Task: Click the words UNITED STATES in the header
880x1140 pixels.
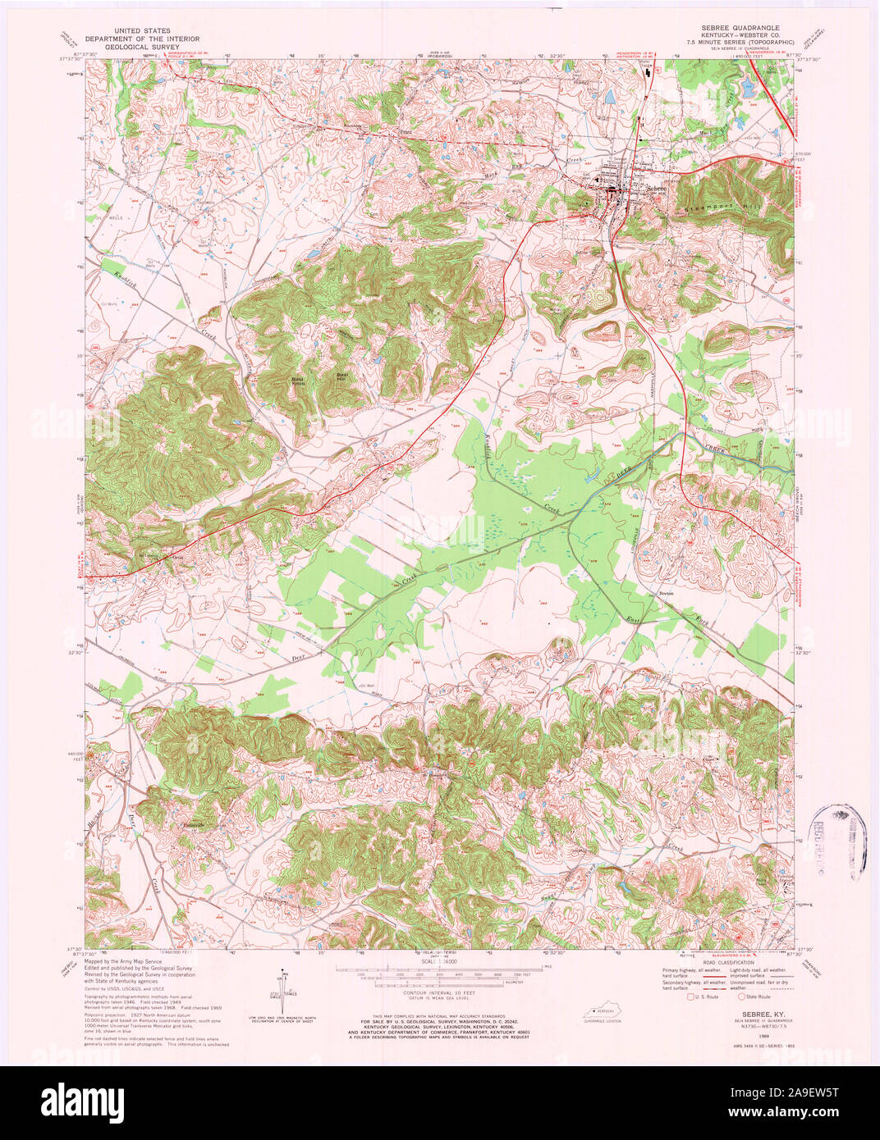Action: [137, 30]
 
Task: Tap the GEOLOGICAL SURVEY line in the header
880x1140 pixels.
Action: [137, 48]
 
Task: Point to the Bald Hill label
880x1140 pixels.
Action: [343, 376]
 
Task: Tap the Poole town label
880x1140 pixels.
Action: [403, 130]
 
